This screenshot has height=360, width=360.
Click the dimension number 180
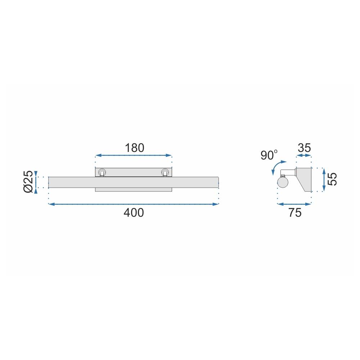pyautogui.click(x=134, y=148)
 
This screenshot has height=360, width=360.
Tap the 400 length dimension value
pyautogui.click(x=134, y=213)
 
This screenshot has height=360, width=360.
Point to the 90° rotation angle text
pyautogui.click(x=269, y=156)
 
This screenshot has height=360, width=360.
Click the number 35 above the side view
pyautogui.click(x=304, y=148)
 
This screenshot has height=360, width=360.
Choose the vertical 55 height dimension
pyautogui.click(x=334, y=179)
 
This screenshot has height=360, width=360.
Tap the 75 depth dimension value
pyautogui.click(x=294, y=213)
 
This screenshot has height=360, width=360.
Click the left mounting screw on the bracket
pyautogui.click(x=103, y=172)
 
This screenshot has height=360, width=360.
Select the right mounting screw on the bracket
pyautogui.click(x=165, y=172)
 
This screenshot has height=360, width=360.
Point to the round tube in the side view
pyautogui.click(x=283, y=183)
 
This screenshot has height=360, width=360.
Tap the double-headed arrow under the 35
pyautogui.click(x=303, y=156)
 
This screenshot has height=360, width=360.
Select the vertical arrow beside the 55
pyautogui.click(x=324, y=180)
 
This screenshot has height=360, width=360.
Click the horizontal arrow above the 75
pyautogui.click(x=294, y=204)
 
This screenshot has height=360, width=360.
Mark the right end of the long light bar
pyautogui.click(x=217, y=182)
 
